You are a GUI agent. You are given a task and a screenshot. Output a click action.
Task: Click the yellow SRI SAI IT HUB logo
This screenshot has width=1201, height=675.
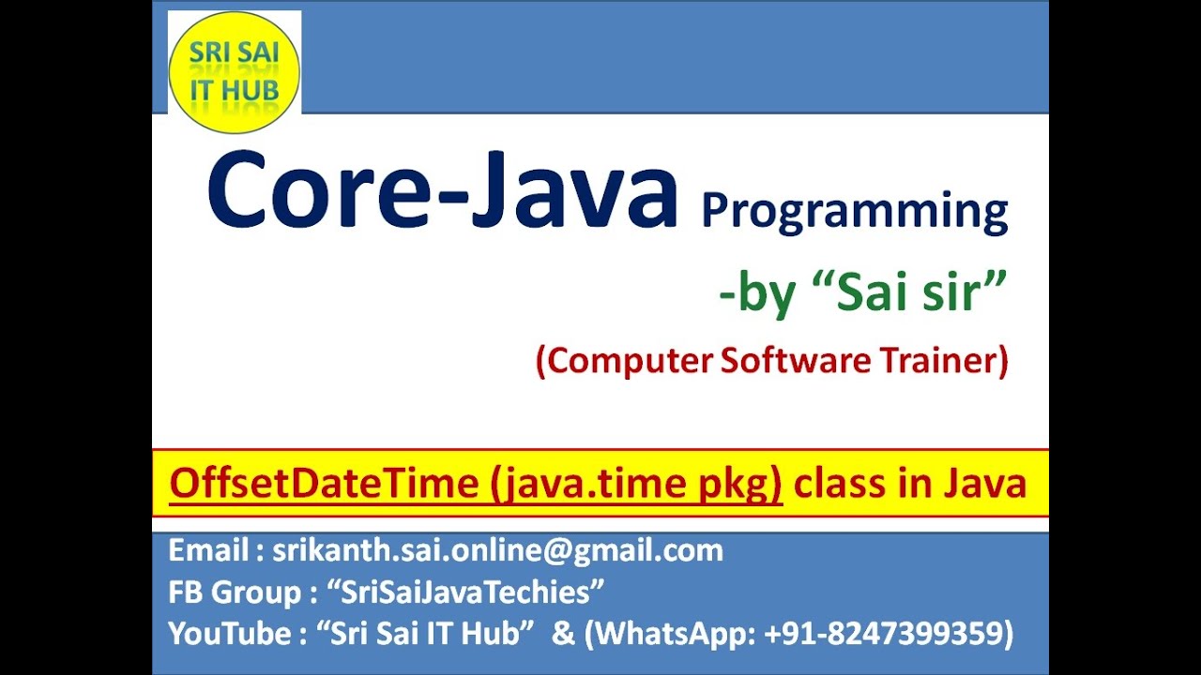[235, 72]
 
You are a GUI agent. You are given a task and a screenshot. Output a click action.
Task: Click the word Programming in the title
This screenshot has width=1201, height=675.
[855, 212]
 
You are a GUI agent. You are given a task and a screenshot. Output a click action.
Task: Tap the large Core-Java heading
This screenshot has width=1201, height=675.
[442, 189]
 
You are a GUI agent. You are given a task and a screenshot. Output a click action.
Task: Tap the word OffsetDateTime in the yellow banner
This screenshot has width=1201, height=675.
[324, 483]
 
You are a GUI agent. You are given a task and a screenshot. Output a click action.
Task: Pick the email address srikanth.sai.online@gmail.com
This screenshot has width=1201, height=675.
[497, 551]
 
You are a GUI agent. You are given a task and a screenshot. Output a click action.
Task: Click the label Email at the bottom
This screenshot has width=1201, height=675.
[208, 550]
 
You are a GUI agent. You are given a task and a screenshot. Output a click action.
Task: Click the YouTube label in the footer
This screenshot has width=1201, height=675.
[230, 633]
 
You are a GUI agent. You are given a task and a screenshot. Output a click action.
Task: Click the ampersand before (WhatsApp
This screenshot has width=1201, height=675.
[564, 633]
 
